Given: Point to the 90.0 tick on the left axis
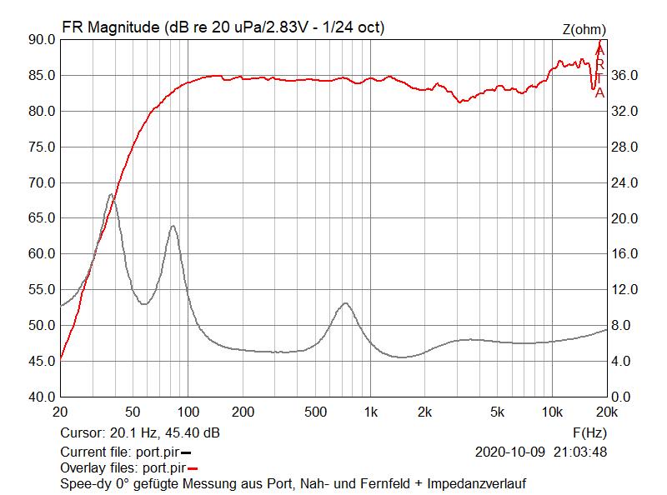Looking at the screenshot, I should click(x=41, y=39).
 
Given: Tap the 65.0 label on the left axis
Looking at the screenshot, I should click(x=41, y=218).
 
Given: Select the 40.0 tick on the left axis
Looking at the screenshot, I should click(x=41, y=397).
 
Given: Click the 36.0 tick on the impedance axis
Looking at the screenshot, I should click(x=624, y=75).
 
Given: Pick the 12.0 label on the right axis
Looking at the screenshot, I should click(x=624, y=290).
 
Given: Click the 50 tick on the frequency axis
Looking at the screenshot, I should click(x=132, y=412).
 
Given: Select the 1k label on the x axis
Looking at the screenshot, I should click(x=372, y=412).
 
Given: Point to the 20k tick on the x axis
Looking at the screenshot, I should click(x=606, y=412).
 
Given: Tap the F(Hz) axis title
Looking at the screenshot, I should click(x=589, y=432).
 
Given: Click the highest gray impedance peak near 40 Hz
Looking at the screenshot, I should click(x=111, y=194).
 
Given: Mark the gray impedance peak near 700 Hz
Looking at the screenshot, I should click(x=345, y=303).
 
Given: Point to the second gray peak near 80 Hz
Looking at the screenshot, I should click(x=173, y=226).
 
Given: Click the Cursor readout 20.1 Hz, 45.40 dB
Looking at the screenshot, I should click(x=140, y=432).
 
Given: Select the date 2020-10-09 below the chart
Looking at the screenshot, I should click(x=509, y=452).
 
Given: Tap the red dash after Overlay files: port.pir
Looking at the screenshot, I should click(x=193, y=468).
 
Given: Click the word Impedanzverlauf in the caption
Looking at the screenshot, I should click(x=477, y=483).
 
